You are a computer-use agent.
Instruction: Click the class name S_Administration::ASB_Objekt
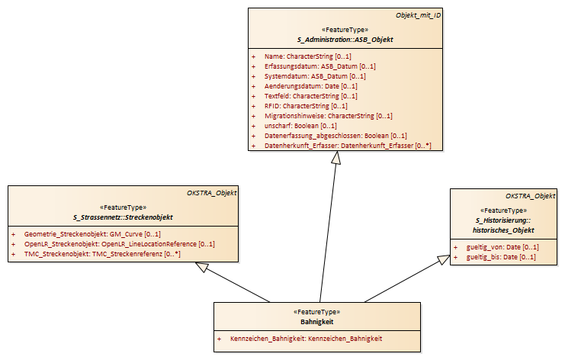point(345,40)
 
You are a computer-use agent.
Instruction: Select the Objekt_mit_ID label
point(418,15)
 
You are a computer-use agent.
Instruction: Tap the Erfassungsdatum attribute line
point(320,66)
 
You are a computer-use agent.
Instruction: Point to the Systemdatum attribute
point(315,76)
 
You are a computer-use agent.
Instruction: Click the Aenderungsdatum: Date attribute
point(310,86)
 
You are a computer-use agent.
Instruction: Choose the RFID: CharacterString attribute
point(306,106)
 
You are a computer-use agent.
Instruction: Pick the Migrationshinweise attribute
point(329,116)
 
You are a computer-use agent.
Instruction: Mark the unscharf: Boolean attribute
point(300,126)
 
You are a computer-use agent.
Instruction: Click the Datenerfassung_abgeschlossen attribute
point(335,136)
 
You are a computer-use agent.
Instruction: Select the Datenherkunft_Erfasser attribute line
point(348,146)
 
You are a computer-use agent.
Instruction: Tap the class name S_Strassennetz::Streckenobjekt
point(123,217)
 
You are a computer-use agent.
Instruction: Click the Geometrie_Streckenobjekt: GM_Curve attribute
point(92,234)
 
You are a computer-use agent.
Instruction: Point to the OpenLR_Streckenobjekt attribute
point(119,244)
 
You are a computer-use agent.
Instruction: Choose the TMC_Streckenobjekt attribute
point(102,254)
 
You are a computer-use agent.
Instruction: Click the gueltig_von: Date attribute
point(502,247)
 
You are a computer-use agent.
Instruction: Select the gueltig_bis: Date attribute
point(501,257)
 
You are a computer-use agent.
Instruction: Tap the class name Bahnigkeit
point(317,322)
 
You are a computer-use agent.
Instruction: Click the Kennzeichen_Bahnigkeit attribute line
point(306,339)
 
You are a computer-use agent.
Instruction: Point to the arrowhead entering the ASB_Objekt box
point(336,157)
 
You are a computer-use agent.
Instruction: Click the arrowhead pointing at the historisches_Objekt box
point(444,259)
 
